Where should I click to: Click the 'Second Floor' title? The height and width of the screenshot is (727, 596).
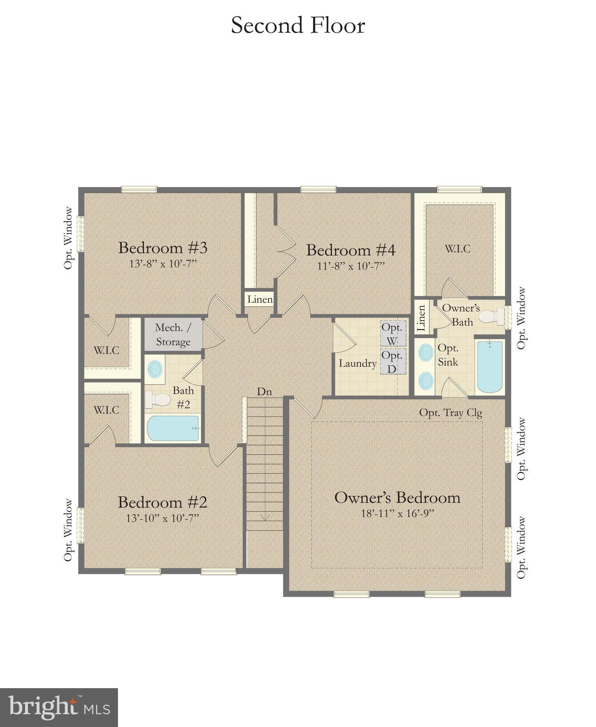click(298, 26)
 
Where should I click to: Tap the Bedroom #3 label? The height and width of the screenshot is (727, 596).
click(163, 248)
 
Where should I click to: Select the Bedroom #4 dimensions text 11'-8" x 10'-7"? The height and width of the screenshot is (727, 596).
click(351, 266)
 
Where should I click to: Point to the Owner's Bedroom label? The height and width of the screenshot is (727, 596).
click(397, 497)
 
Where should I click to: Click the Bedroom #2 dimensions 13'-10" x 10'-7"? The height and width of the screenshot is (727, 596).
click(163, 518)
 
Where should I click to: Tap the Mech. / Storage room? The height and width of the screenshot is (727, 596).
click(173, 334)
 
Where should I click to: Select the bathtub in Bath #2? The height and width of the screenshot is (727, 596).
click(173, 428)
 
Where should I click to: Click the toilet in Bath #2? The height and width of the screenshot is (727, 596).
click(158, 400)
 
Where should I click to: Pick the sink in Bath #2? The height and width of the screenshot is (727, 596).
click(154, 368)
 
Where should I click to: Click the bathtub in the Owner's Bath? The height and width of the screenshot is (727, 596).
click(490, 367)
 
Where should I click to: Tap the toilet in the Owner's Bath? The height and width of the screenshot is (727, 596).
click(492, 316)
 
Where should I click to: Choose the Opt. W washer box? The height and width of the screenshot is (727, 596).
click(392, 334)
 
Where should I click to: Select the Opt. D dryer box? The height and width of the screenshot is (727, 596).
click(392, 361)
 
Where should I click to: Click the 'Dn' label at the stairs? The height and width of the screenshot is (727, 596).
click(264, 391)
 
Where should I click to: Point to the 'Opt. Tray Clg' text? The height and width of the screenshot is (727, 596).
click(450, 413)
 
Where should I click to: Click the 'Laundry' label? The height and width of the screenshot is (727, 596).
click(357, 364)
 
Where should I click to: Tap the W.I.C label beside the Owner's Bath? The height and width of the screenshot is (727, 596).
click(457, 249)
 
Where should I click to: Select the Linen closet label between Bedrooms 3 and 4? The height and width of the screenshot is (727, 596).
click(260, 299)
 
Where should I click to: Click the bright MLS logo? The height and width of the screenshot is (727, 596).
click(59, 708)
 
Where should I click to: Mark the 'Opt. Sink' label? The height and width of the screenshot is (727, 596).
click(448, 355)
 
